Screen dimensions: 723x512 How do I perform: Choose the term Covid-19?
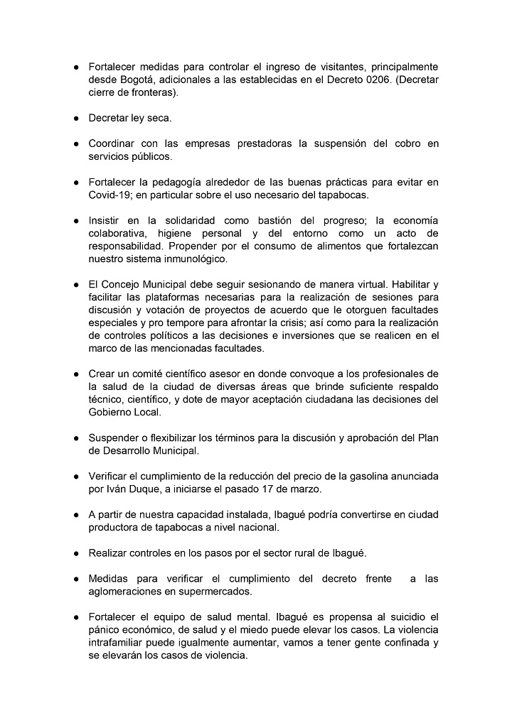(x=110, y=195)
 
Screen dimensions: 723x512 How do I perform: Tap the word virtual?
(x=342, y=285)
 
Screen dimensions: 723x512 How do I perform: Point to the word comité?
(x=169, y=374)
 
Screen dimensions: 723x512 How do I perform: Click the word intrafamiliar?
(x=117, y=643)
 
